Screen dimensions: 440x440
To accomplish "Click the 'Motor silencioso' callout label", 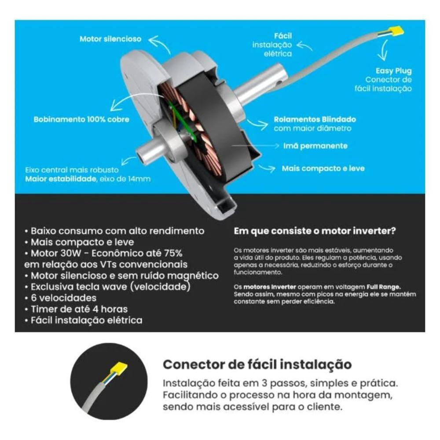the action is coord(110,39).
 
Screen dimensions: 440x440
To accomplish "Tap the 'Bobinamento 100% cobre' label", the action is coord(81,119).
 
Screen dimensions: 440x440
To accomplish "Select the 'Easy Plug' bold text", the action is coord(394,71).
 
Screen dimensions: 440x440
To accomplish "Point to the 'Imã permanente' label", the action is coord(315,146).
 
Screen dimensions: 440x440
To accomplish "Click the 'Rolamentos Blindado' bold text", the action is coord(315,119).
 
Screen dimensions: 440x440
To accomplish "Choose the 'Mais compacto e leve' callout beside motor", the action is coord(323,169).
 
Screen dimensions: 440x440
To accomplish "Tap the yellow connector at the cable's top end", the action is coord(396,31).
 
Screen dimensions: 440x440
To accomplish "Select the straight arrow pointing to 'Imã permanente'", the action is coord(255,146).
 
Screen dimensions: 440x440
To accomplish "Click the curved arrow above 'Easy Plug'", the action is coord(384,51).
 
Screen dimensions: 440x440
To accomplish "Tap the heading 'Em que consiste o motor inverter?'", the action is coord(315,231).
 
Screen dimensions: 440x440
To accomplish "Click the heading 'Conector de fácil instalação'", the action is coord(257,364).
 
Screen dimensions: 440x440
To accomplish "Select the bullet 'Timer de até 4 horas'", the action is coord(76,309).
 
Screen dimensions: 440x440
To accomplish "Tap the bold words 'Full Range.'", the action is coord(384,287).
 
